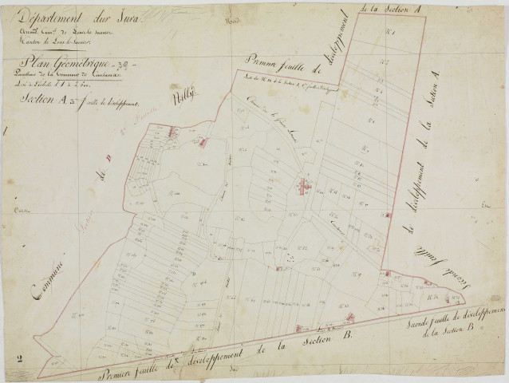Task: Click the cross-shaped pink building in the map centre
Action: [x=303, y=188]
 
